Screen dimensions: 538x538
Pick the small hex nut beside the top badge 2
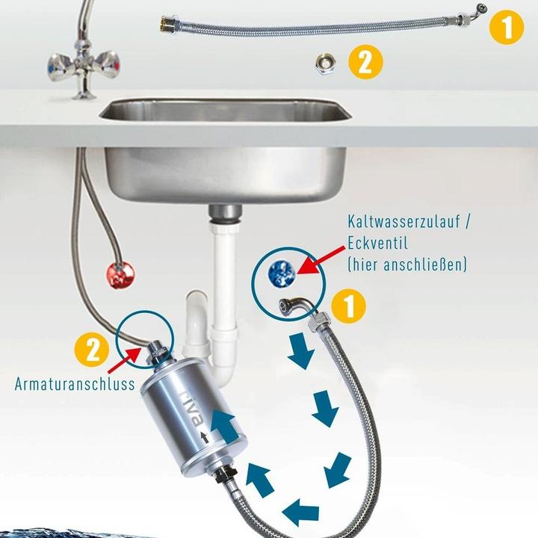[326, 63]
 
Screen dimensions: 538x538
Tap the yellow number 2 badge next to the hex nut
[365, 61]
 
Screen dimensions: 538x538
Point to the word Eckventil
[378, 244]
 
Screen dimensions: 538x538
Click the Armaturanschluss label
[73, 385]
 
